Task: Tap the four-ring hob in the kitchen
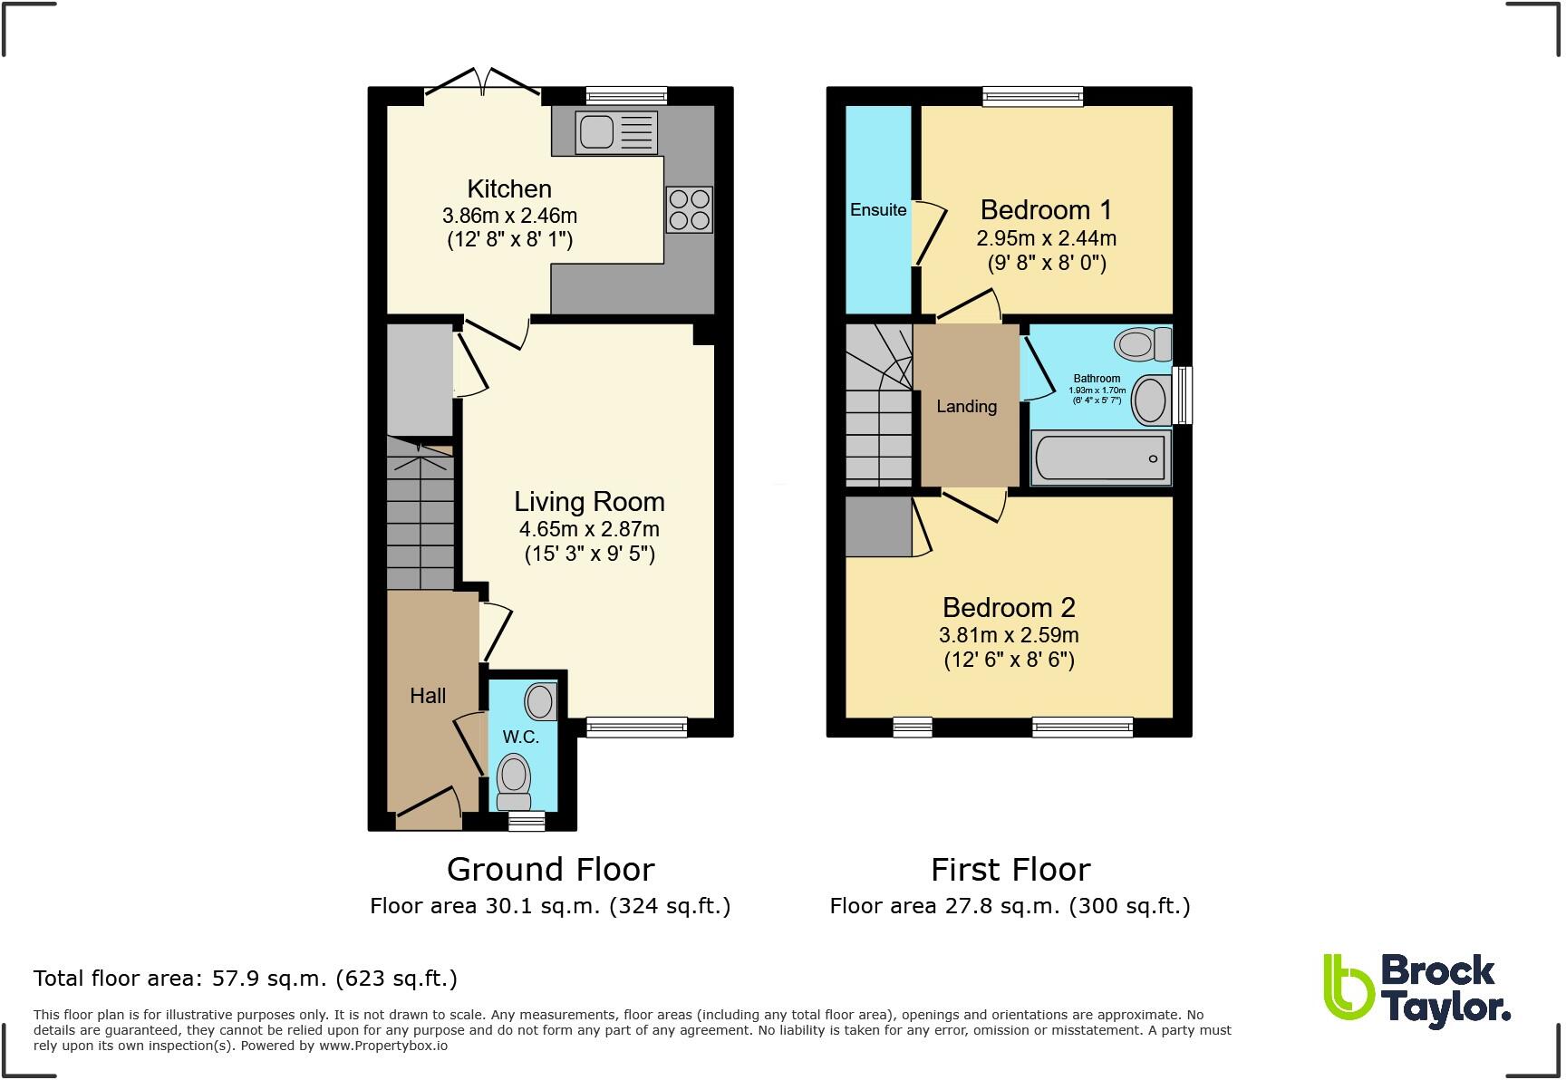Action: click(x=689, y=209)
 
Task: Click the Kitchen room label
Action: click(x=509, y=188)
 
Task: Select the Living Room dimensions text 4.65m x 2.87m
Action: click(x=589, y=529)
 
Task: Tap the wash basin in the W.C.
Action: click(x=541, y=701)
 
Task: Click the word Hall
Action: click(x=428, y=696)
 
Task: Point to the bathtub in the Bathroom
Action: click(x=1100, y=458)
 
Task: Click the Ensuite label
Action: click(x=878, y=210)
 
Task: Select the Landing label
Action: click(x=966, y=406)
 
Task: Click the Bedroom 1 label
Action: click(x=1046, y=210)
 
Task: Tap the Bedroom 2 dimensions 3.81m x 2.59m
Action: click(x=1009, y=635)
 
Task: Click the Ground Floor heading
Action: click(x=550, y=870)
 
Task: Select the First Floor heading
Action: click(x=1010, y=870)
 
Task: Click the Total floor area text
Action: click(x=245, y=979)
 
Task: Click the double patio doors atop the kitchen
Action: click(x=483, y=82)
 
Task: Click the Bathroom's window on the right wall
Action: click(x=1183, y=395)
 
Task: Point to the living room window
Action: click(x=636, y=726)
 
